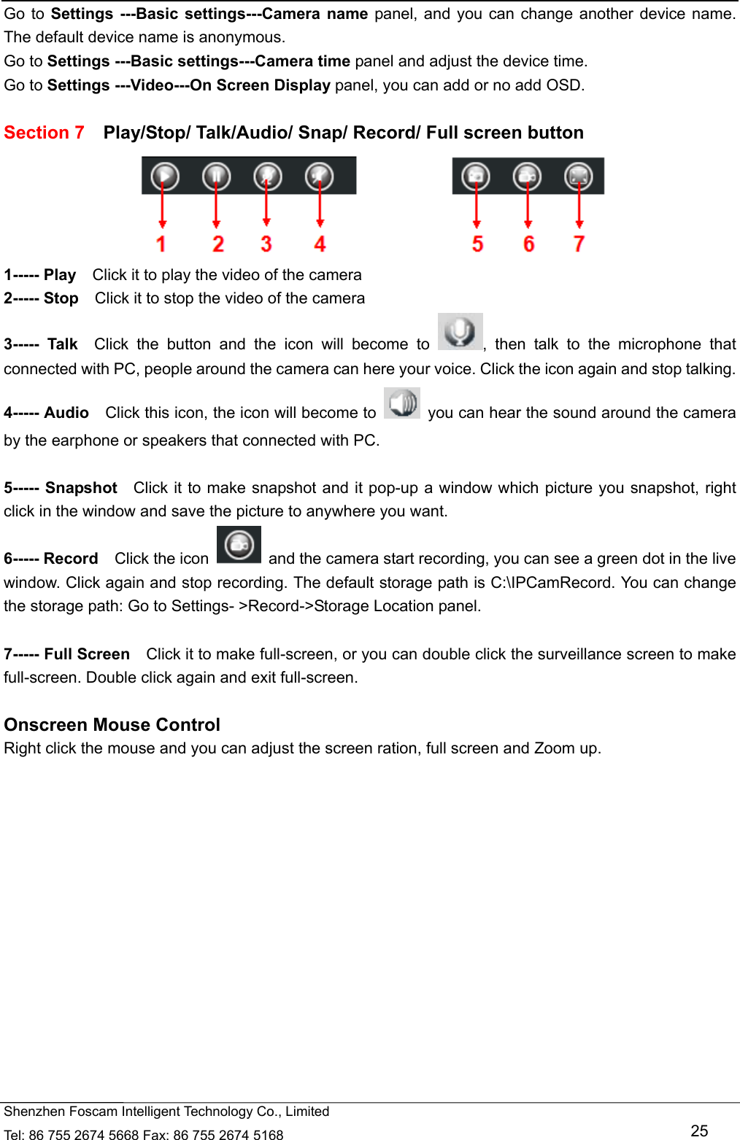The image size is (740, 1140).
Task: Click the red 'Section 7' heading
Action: point(44,133)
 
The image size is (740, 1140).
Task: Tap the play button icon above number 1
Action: point(165,176)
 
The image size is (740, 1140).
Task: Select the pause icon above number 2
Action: point(216,176)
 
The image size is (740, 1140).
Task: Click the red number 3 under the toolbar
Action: point(266,244)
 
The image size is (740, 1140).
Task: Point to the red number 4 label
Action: point(320,244)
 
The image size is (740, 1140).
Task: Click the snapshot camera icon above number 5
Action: point(476,176)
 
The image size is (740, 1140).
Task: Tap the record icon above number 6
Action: point(527,176)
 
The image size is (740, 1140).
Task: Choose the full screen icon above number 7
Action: point(578,176)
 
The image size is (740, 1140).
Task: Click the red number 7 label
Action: point(579,244)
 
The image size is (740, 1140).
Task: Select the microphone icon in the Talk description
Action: point(460,332)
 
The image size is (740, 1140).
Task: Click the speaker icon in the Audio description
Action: point(402,403)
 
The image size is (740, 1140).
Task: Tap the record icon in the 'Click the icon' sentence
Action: point(239,545)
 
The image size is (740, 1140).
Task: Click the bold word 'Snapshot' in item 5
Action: point(81,488)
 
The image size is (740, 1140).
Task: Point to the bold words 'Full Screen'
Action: point(87,654)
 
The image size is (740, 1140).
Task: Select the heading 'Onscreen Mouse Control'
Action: point(112,724)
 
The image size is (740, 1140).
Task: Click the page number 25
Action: point(699,1131)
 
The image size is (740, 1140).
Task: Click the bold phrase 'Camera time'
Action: point(302,61)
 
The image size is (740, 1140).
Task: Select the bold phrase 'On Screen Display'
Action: point(260,85)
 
